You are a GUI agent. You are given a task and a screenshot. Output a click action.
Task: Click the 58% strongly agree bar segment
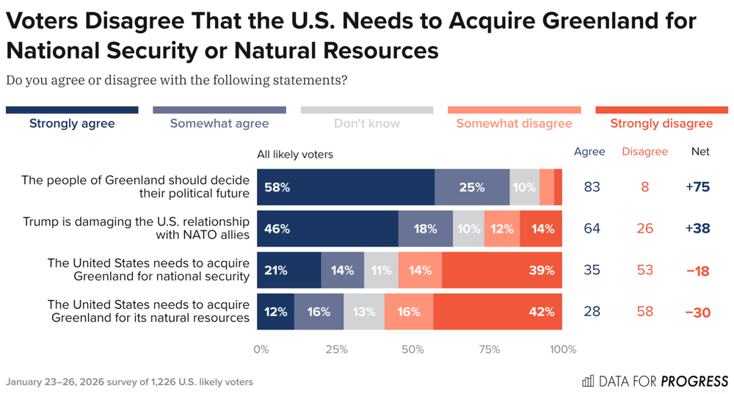(x=345, y=187)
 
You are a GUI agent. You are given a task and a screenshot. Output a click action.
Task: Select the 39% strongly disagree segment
(x=502, y=270)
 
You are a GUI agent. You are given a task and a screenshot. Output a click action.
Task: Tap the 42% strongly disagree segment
(x=498, y=312)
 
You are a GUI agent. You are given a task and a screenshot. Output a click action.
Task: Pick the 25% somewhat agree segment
(x=472, y=187)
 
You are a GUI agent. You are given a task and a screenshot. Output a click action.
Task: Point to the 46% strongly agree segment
(x=327, y=228)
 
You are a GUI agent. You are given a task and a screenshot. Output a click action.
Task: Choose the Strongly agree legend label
(x=72, y=123)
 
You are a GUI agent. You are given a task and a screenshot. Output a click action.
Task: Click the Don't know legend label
(x=367, y=123)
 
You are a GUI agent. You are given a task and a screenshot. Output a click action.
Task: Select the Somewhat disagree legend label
(x=514, y=123)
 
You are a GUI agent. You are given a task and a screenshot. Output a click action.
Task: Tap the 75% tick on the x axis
(x=490, y=349)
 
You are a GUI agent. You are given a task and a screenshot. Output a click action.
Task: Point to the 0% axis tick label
(x=261, y=349)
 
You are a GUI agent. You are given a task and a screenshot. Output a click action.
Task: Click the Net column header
(x=701, y=152)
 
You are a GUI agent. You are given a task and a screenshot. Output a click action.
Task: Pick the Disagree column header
(x=644, y=152)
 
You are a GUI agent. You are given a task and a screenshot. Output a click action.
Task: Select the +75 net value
(x=697, y=187)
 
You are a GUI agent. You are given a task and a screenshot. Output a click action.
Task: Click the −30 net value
(x=697, y=312)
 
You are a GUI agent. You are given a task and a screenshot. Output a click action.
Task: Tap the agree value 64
(x=592, y=228)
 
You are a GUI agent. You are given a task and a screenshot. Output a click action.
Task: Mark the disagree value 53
(x=644, y=270)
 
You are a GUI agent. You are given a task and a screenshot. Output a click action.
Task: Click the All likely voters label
(x=295, y=154)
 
